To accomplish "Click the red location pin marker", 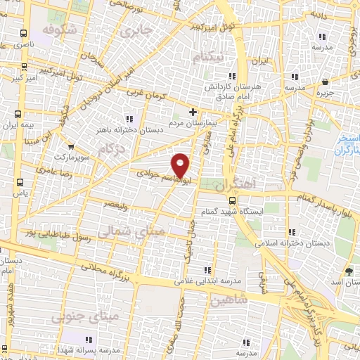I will (x=181, y=164).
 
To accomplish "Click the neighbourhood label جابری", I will (x=135, y=32).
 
